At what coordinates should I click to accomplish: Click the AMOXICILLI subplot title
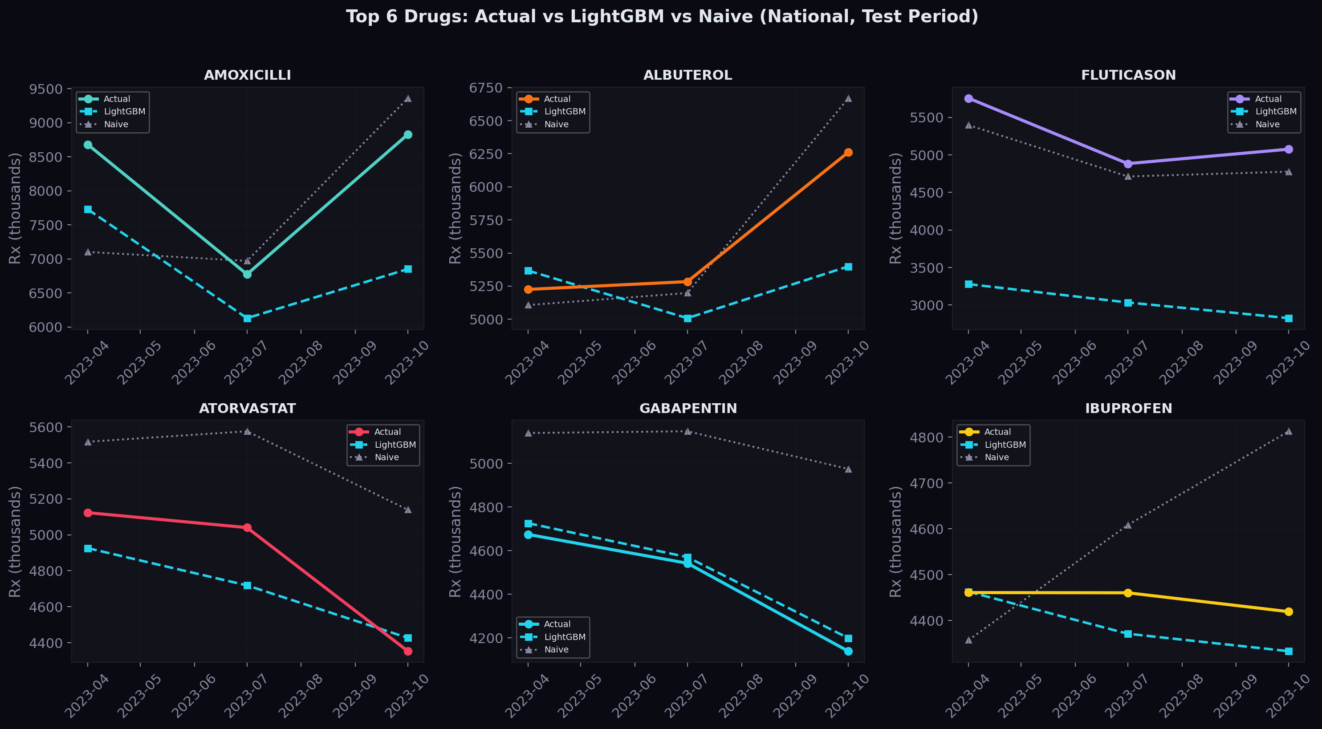point(248,75)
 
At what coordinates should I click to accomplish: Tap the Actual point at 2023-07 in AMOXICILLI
point(248,275)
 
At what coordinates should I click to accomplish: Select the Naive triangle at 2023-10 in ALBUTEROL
point(848,98)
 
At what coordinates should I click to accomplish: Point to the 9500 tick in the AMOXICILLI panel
point(46,89)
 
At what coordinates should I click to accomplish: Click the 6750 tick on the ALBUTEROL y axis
point(485,88)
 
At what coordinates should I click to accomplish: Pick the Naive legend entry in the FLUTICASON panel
point(1267,124)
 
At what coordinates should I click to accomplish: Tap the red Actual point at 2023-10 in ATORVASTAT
point(408,651)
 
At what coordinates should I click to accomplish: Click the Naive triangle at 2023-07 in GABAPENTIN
point(687,431)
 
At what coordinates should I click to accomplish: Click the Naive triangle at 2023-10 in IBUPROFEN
point(1289,431)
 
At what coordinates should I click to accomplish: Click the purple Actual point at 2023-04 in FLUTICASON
point(968,98)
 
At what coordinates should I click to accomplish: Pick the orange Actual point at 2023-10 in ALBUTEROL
point(848,152)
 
